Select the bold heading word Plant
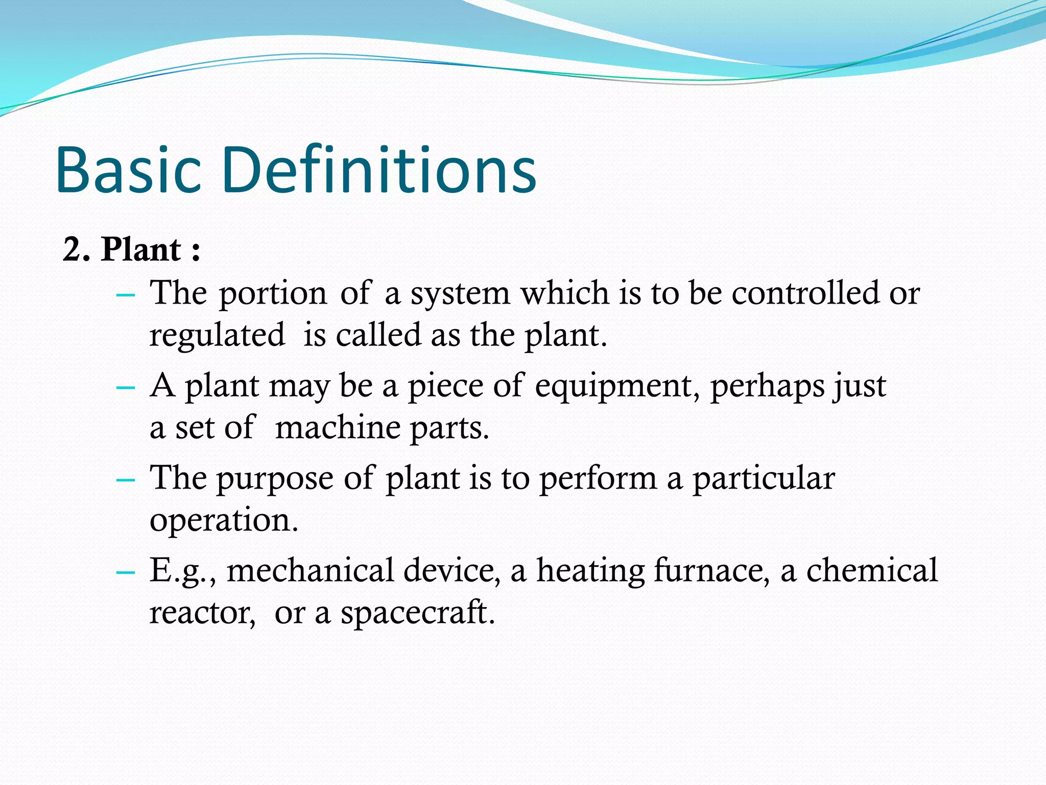(x=141, y=250)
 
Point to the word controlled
(x=805, y=293)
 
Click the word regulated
(x=217, y=335)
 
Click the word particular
(x=764, y=479)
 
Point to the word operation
(x=223, y=521)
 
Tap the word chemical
(x=872, y=570)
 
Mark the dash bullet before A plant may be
(x=126, y=387)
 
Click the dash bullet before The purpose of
(x=126, y=480)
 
